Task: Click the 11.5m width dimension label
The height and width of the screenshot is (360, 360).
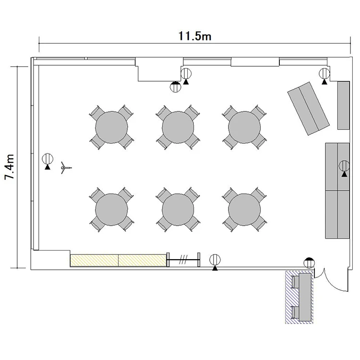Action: point(195,36)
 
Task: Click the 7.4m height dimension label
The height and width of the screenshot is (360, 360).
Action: point(10,167)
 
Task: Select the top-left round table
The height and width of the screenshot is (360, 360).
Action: point(111,127)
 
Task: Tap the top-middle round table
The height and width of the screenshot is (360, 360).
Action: point(178,127)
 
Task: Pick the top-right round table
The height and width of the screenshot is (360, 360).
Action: point(244,127)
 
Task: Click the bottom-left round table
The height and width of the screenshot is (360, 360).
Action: point(111,210)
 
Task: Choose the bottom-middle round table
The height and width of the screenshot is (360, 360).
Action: point(178,210)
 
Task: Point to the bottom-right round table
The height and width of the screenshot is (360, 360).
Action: point(244,210)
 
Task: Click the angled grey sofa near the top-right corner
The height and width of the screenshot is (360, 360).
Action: point(309,108)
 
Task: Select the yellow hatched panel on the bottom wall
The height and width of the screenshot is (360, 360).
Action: point(118,260)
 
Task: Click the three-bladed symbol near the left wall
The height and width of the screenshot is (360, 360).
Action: point(65,168)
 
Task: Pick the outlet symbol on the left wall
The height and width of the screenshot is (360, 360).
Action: point(48,161)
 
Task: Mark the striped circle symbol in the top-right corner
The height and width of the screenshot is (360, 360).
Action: point(324,76)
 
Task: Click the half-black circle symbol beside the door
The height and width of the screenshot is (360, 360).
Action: point(309,263)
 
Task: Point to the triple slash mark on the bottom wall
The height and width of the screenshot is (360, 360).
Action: point(183,259)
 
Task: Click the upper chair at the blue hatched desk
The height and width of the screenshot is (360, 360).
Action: point(295,282)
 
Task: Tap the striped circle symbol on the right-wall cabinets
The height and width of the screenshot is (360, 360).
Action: point(344,168)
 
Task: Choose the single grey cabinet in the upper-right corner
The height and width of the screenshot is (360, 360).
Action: point(344,106)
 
